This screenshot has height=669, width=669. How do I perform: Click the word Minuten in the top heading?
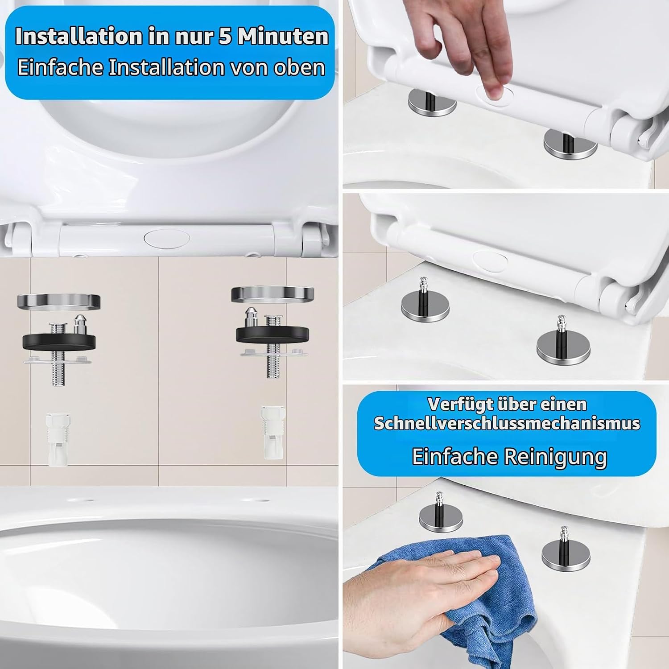[x=282, y=36]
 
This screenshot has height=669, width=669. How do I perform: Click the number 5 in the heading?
[x=225, y=36]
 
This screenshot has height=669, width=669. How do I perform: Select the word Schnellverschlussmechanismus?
[x=507, y=423]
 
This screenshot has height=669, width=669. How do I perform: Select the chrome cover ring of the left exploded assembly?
[x=58, y=301]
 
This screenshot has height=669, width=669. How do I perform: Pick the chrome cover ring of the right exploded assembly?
[x=273, y=294]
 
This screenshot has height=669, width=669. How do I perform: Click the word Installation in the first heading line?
[x=78, y=36]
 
